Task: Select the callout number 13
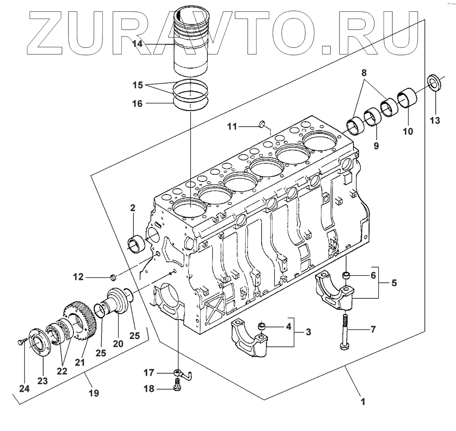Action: (435, 120)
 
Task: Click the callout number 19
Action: (94, 393)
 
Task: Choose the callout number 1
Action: (362, 402)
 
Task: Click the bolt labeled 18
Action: (178, 386)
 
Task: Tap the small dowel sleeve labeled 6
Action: (346, 276)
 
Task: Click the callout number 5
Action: (394, 283)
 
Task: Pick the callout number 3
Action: (308, 333)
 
